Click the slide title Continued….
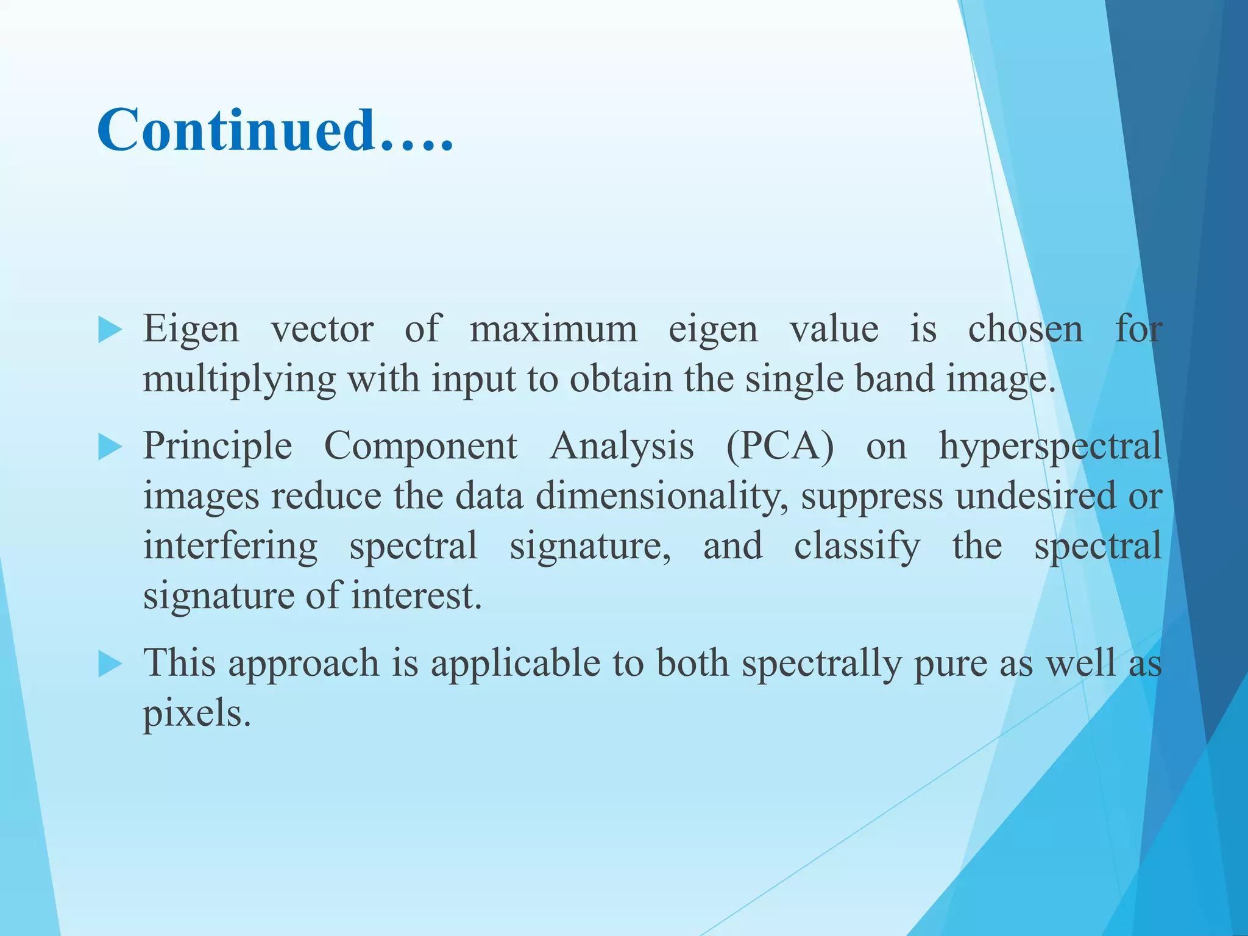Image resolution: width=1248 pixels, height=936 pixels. pos(275,130)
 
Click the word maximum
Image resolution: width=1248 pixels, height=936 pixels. pos(553,330)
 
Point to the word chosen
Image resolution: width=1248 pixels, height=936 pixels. pos(1026,330)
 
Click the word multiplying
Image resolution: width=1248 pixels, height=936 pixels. pos(239,380)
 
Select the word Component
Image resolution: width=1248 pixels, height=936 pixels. pos(420,446)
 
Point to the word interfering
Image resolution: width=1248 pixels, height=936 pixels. pos(230,546)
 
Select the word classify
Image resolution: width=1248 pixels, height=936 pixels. pos(857,546)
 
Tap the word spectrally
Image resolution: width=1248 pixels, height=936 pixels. pos(821,664)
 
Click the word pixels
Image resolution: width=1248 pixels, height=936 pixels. pos(196,714)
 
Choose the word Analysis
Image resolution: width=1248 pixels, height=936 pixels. pos(622,446)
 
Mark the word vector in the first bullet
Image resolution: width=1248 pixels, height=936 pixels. pos(322,330)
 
